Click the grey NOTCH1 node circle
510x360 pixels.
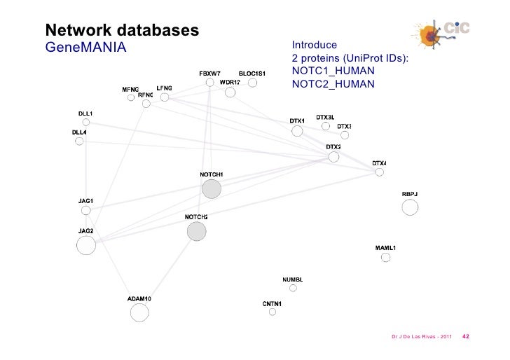tap(211, 188)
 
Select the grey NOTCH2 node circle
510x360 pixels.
tap(197, 231)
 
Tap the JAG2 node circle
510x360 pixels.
tap(86, 245)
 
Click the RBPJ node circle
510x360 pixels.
tap(410, 207)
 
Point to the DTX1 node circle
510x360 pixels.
tap(297, 131)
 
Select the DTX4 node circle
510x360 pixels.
tap(379, 172)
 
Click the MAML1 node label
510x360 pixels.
tap(386, 248)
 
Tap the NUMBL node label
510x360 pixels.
tap(292, 280)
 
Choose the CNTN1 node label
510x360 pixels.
tap(272, 303)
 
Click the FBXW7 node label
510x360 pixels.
tap(210, 74)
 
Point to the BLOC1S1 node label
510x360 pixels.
tap(252, 74)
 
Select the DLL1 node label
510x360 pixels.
tap(85, 113)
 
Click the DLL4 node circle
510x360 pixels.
tap(79, 140)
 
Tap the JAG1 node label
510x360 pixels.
tap(85, 201)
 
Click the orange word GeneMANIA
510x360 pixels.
tap(85, 48)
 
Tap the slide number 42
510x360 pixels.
tap(466, 336)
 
